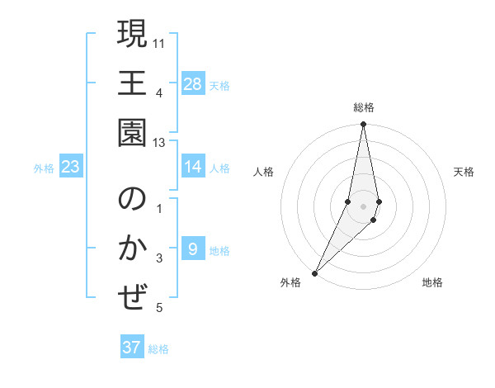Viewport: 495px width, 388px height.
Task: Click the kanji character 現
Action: [x=132, y=36]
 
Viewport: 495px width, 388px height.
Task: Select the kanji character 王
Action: [x=132, y=84]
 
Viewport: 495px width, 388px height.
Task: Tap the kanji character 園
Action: [x=132, y=132]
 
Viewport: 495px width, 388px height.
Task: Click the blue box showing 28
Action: [x=192, y=84]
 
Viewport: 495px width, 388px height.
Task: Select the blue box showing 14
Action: [x=192, y=167]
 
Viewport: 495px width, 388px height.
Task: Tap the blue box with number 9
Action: [x=192, y=249]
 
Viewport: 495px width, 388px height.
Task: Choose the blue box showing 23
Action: [x=70, y=167]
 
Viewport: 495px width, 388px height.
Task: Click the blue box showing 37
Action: [x=132, y=348]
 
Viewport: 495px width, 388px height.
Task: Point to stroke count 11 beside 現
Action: [x=159, y=41]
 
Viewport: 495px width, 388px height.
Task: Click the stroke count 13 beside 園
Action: [x=159, y=143]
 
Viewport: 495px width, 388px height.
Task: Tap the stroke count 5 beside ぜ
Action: [x=159, y=308]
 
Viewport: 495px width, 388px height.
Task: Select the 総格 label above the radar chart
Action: [x=363, y=107]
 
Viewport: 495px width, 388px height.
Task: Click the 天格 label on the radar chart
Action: [x=464, y=172]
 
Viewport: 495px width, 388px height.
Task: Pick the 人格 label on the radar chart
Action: [x=264, y=172]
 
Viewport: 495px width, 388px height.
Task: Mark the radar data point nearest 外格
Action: [x=314, y=272]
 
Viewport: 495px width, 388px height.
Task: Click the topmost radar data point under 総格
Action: [x=363, y=125]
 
